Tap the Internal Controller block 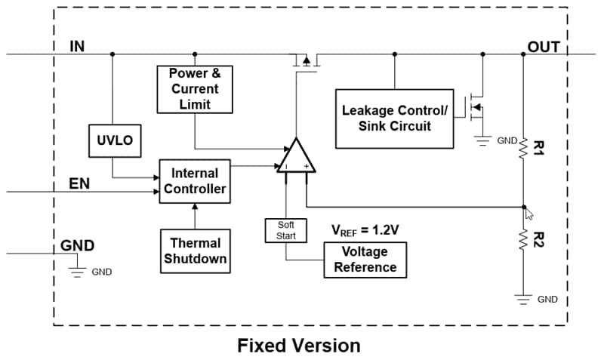(194, 181)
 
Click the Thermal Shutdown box (195, 251)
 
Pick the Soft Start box (286, 230)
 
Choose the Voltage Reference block (365, 259)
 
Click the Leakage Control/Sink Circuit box (393, 118)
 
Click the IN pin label (76, 46)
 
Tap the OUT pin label (544, 47)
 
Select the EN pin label (79, 183)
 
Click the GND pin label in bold (77, 245)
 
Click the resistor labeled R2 (523, 240)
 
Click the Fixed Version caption (299, 346)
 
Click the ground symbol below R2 (523, 297)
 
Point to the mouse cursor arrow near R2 (530, 214)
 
